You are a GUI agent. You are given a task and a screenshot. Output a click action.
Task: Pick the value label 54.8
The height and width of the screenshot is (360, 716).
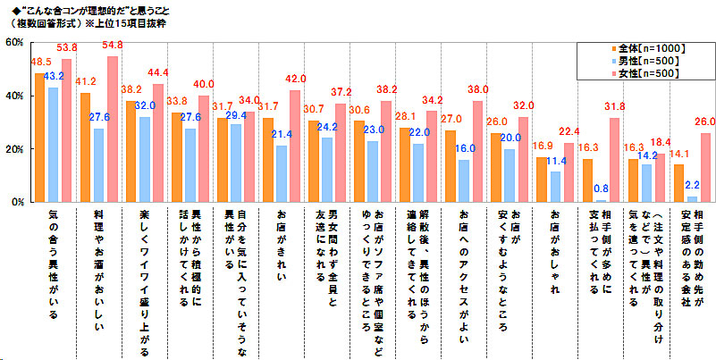pyautogui.click(x=113, y=45)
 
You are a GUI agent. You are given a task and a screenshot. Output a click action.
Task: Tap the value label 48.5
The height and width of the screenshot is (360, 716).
pyautogui.click(x=40, y=63)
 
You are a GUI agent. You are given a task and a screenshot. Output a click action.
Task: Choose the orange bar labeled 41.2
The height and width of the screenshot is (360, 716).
pyautogui.click(x=85, y=147)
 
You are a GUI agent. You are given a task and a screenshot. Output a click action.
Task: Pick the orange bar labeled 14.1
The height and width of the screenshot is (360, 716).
pyautogui.click(x=679, y=183)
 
